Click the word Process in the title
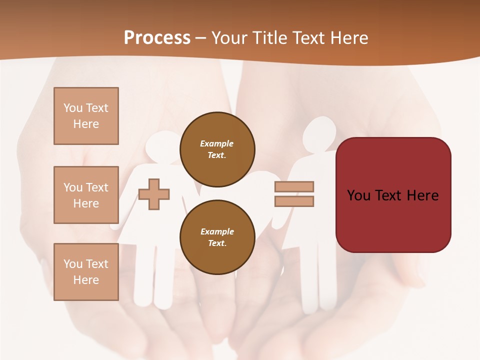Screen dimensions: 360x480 [157, 37]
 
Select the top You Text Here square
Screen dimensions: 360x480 [86, 116]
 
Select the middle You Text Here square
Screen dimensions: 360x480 [86, 195]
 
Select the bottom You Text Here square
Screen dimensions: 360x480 [86, 272]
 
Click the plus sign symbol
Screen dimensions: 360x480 [154, 194]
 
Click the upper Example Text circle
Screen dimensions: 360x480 [217, 149]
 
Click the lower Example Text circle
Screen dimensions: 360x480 [217, 237]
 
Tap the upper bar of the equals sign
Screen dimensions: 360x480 [294, 186]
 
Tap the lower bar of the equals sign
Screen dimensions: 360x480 [294, 201]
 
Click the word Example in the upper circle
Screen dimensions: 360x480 [217, 143]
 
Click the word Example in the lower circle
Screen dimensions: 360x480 [217, 231]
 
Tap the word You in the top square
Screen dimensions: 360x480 [72, 108]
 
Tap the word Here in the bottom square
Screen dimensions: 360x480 [86, 280]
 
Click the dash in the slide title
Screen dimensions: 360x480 [201, 38]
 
